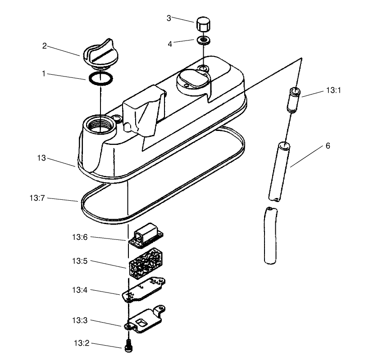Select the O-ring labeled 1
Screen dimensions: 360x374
pos(100,78)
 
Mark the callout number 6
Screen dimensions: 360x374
pos(328,146)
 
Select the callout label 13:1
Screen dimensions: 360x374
pos(334,90)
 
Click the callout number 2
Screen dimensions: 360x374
pos(45,45)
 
